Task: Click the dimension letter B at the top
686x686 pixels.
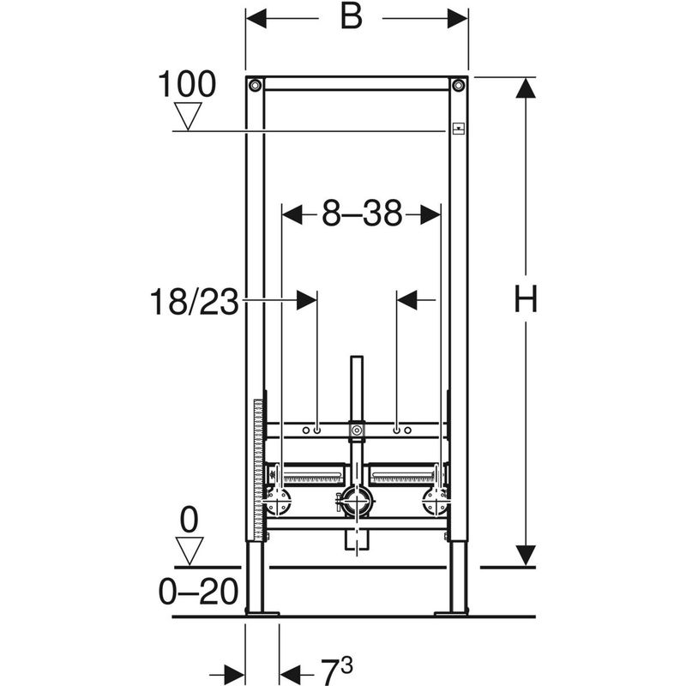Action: tap(350, 18)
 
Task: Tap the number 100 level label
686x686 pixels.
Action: tap(187, 85)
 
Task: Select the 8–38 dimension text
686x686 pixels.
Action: tap(362, 214)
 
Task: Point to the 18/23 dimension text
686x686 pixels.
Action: tap(193, 302)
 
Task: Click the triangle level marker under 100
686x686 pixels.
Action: tap(187, 115)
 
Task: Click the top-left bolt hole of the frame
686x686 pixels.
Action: tap(255, 85)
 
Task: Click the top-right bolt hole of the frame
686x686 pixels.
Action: tap(459, 85)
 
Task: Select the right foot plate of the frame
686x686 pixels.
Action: tap(452, 612)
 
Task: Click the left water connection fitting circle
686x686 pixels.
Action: tap(280, 501)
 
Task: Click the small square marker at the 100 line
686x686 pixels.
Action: tap(459, 129)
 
